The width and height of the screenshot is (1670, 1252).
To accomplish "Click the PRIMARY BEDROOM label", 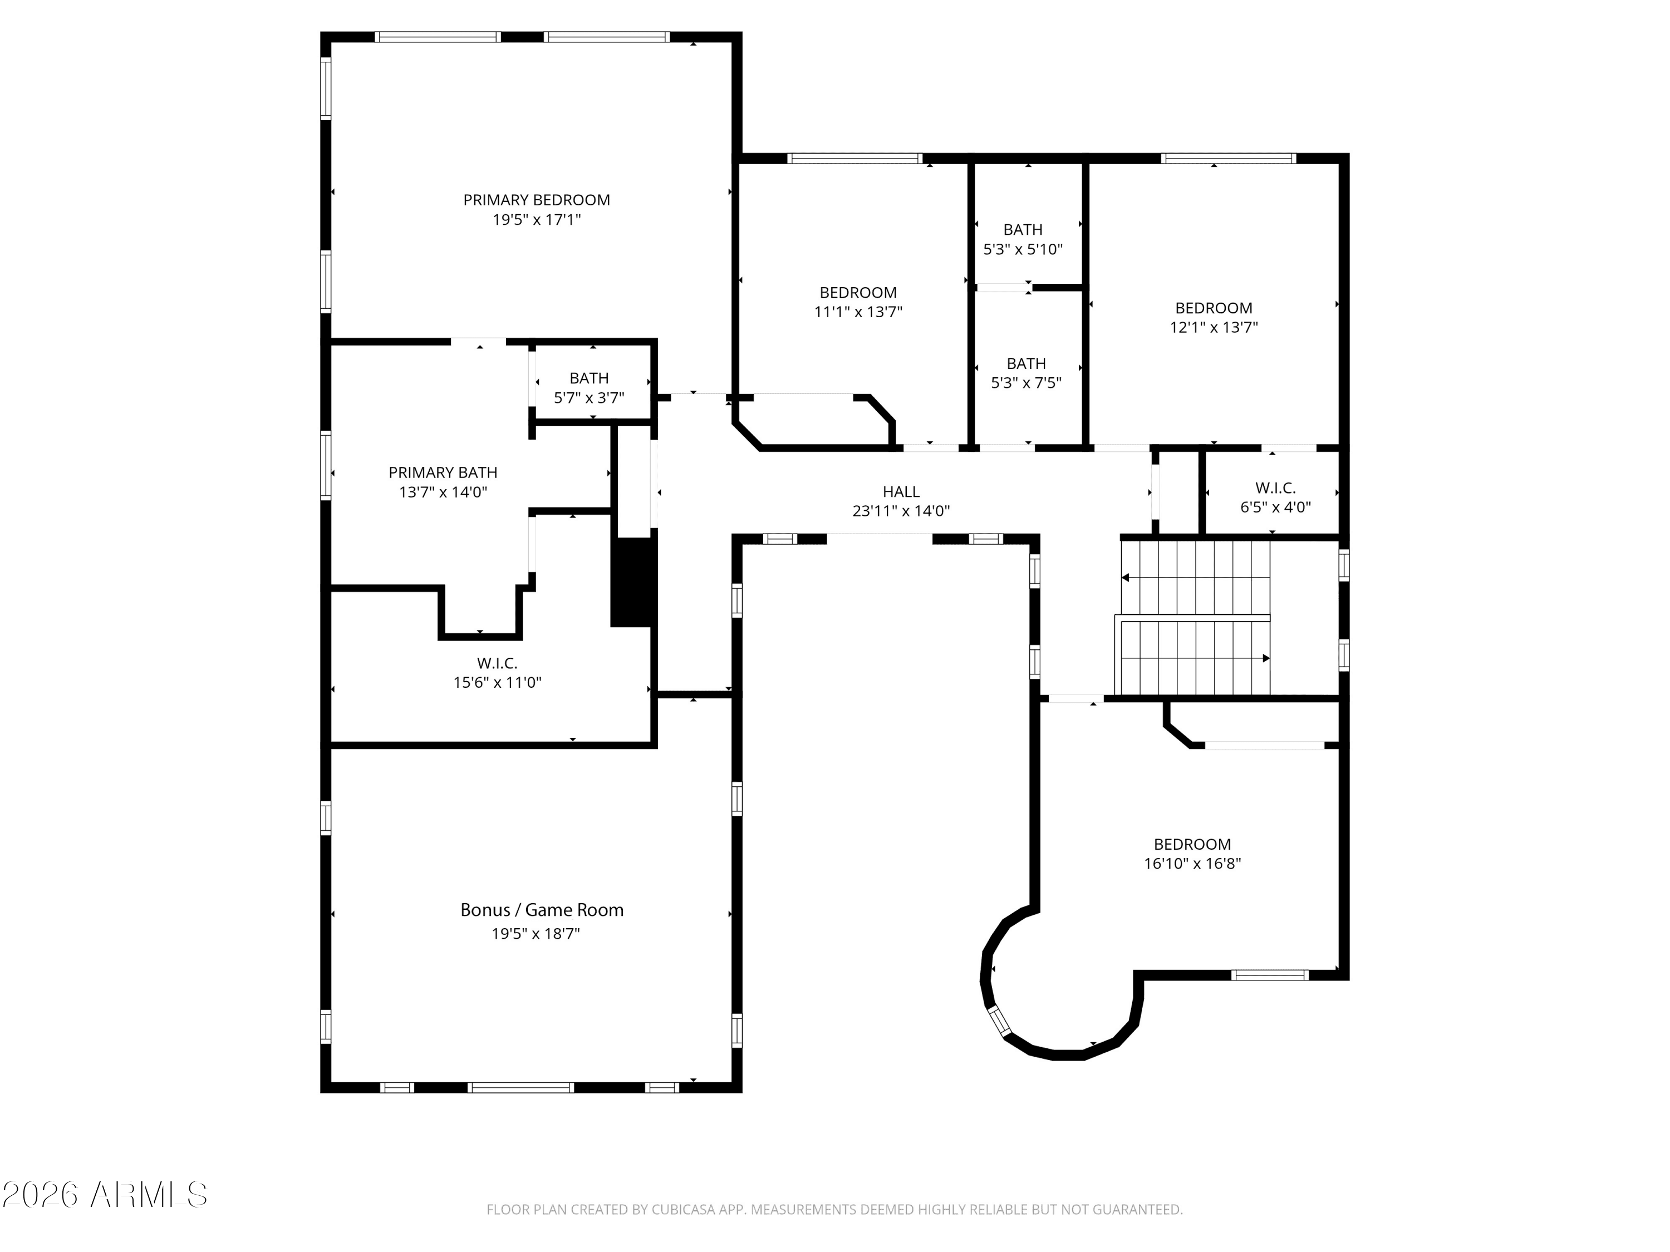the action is point(536,200).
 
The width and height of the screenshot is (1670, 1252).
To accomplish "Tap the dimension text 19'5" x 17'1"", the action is point(537,220).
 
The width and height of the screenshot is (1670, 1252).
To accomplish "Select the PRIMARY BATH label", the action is point(443,472).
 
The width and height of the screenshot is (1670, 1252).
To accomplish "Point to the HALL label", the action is point(901,492).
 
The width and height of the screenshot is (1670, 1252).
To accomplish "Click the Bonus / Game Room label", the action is point(542,910).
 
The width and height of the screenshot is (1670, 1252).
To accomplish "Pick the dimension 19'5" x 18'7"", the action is point(536,934).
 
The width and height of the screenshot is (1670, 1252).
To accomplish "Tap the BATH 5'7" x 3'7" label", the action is point(589,388).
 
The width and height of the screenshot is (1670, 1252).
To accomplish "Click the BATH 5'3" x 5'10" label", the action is point(1023,239).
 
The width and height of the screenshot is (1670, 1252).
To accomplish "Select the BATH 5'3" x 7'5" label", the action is point(1026,373).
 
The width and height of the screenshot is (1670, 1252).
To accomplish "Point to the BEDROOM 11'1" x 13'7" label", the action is point(858,302).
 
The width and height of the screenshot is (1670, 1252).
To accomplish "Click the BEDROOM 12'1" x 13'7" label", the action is point(1214,318).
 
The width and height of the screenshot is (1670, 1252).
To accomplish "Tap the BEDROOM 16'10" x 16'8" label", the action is point(1192,854).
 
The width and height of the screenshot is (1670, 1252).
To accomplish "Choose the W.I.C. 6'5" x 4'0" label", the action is point(1275,497).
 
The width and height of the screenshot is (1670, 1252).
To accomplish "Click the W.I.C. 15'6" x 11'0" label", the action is point(498,672).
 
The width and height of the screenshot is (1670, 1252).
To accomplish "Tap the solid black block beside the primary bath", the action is point(633,582).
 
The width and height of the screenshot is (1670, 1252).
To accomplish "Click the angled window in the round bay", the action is point(1000,1021).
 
